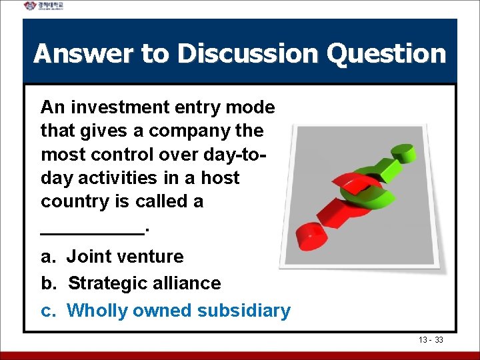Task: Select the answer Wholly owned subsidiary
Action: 179,311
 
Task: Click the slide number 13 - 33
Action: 431,340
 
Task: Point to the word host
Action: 219,178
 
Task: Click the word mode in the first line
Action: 251,107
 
